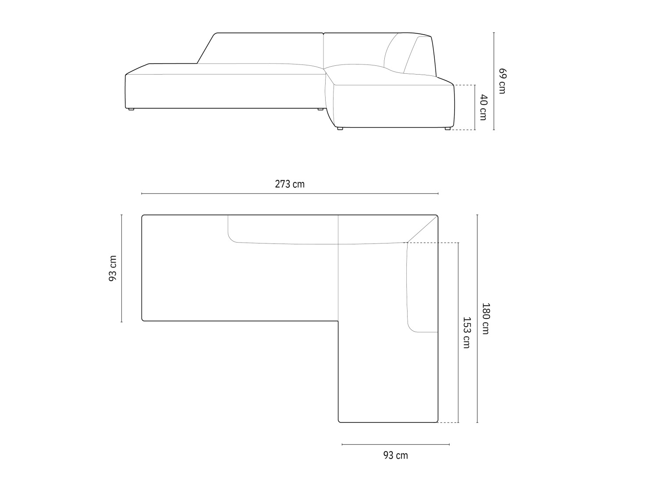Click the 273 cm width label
click(289, 184)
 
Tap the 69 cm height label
click(502, 81)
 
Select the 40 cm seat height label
click(483, 107)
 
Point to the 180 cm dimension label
click(485, 318)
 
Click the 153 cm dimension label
click(466, 333)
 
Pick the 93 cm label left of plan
click(113, 268)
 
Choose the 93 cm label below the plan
click(395, 455)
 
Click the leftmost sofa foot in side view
click(131, 109)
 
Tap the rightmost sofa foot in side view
click(447, 128)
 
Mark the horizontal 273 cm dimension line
click(290, 193)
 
